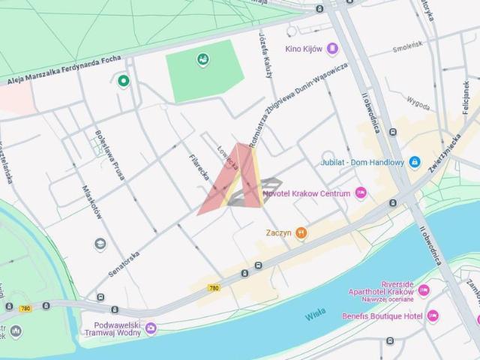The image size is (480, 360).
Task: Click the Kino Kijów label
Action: click(303, 49)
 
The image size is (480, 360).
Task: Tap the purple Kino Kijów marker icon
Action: click(333, 49)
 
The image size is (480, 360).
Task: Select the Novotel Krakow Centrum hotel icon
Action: click(361, 193)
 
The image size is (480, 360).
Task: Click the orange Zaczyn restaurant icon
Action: click(301, 233)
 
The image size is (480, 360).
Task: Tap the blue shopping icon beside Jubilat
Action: click(414, 162)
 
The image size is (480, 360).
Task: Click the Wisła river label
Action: click(316, 316)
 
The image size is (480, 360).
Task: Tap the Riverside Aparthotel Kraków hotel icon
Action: click(424, 290)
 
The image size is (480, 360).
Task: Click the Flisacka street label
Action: click(198, 169)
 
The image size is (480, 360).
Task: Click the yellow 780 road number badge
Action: click(214, 287)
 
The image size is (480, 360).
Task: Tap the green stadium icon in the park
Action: click(202, 59)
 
